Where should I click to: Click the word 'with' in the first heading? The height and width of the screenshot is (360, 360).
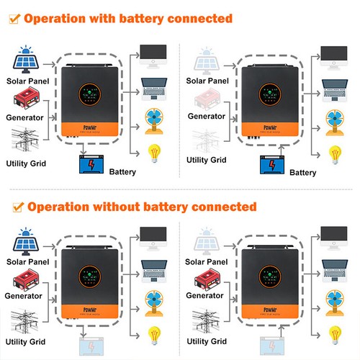pos(114,18)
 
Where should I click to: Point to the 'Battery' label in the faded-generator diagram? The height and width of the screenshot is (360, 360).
pos(302,173)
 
